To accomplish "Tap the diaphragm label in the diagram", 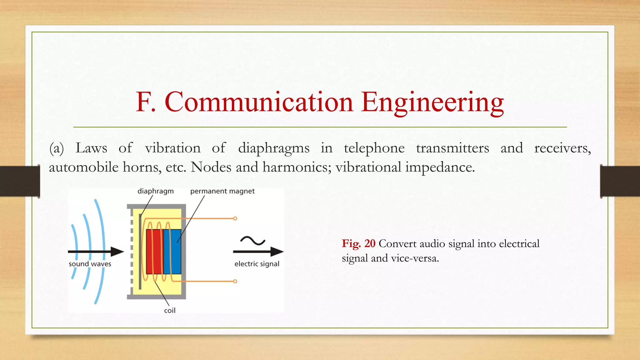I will point(155,191).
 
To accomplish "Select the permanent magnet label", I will point(222,191).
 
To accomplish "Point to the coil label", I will point(170,310).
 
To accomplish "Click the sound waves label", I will point(90,264).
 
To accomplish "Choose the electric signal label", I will point(257,264).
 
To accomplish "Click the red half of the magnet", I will point(154,252).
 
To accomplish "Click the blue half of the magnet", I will point(172,252).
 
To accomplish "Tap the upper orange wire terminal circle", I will point(235,218).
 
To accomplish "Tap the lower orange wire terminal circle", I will point(235,281).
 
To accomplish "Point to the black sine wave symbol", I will point(252,241).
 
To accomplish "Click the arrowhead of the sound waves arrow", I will point(117,252).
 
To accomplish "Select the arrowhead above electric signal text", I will point(277,252).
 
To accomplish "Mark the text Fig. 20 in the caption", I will point(358,243).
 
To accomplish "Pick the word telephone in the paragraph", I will point(374,148).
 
